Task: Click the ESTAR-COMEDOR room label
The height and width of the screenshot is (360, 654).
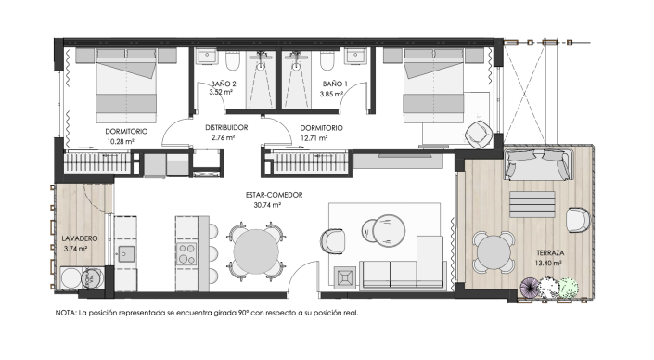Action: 274,195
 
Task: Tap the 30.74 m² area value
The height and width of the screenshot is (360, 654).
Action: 267,205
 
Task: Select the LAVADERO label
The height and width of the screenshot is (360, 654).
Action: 80,238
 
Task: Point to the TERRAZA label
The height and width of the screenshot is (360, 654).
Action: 550,252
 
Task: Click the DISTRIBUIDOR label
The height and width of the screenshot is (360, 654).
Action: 226,128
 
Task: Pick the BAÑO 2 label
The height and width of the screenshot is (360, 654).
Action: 224,84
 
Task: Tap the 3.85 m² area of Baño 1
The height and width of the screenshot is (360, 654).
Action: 331,95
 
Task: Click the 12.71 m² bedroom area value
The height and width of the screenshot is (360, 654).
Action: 314,138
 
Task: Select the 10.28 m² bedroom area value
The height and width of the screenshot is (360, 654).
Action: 121,141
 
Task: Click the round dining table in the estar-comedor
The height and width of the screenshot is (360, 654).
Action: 256,252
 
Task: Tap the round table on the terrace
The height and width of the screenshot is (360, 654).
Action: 494,252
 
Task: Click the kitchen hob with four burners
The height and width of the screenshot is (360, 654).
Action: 186,253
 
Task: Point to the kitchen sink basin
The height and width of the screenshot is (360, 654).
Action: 126,253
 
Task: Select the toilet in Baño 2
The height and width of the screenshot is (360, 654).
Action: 233,61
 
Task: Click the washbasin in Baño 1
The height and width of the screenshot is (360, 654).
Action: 356,56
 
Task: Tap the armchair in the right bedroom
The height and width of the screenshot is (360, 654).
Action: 479,134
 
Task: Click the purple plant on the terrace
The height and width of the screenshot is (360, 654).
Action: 530,288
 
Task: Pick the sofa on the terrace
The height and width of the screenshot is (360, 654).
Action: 538,164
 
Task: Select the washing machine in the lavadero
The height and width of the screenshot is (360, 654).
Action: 71,277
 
